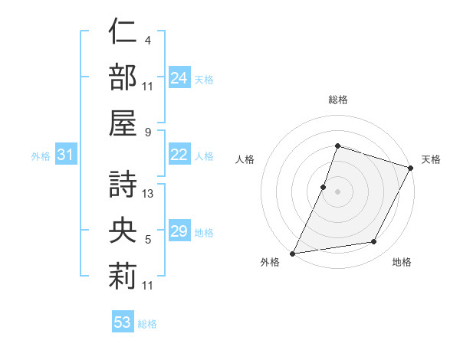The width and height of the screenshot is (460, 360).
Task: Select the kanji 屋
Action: tap(122, 122)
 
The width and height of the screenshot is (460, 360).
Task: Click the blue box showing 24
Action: tap(179, 77)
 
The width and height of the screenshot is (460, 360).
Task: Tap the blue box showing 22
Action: tap(179, 155)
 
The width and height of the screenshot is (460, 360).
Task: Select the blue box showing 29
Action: tap(179, 231)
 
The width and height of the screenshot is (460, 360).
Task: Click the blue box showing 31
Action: tap(66, 155)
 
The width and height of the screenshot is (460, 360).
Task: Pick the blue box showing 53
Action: tap(122, 322)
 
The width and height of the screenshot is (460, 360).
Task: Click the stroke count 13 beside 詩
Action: tap(148, 194)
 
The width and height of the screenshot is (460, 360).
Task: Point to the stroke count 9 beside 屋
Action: tap(147, 131)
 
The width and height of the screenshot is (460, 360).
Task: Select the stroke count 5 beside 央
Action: tap(147, 240)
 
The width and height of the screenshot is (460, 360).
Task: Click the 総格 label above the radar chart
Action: tap(337, 100)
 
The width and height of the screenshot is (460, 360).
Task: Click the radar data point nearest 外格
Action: tap(293, 253)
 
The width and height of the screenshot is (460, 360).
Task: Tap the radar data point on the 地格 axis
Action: tap(374, 242)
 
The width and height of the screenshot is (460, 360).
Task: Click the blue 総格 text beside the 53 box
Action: tap(147, 324)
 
